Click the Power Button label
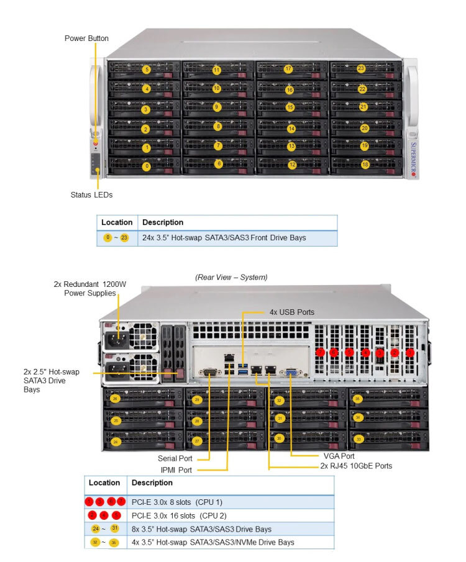coord(86,39)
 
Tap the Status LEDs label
coord(91,195)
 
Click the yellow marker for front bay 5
coord(147,70)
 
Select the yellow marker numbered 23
coord(361,68)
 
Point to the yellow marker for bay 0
coord(146,166)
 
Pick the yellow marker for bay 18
coord(365,165)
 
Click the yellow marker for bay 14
coord(291,129)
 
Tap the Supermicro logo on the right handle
coord(414,155)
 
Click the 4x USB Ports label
coord(291,312)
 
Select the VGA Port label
coord(339,456)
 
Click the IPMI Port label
coord(176,470)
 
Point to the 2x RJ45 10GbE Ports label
coord(356,466)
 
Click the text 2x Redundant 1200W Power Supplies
coord(91,288)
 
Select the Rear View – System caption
coord(231,277)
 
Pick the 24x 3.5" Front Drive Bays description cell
coord(224,238)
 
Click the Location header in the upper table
coord(117,222)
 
